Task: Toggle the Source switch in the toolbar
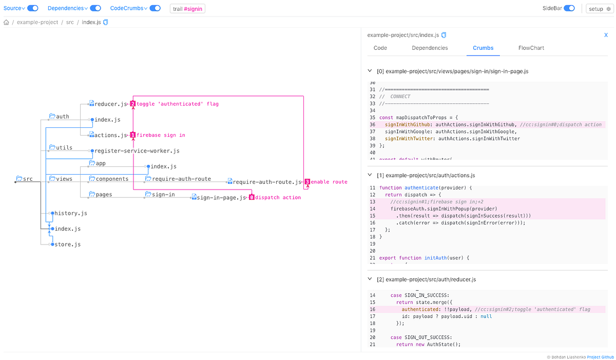(32, 8)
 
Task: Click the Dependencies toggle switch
(95, 8)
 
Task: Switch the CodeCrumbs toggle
(155, 8)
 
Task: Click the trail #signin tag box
(187, 9)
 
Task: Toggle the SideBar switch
(569, 8)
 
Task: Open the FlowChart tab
(531, 48)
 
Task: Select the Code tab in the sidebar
(380, 48)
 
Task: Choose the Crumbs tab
(483, 48)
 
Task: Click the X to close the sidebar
(606, 35)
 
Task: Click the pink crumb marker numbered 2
(132, 104)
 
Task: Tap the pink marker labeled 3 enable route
(307, 182)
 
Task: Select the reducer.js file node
(110, 104)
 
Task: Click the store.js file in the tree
(67, 244)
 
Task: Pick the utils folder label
(64, 147)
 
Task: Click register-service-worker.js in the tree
(137, 151)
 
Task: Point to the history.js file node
(70, 213)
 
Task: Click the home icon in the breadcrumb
(7, 23)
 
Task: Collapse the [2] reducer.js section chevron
(370, 279)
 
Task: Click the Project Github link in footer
(600, 356)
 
